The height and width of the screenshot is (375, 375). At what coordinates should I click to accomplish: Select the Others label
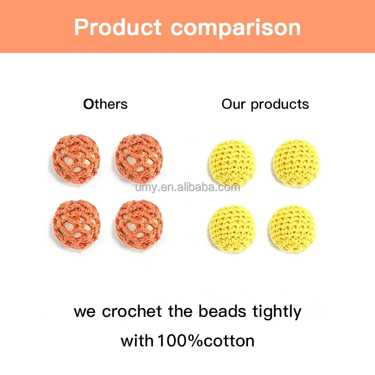click(x=105, y=104)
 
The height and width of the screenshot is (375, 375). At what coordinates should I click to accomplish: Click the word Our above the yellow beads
click(x=234, y=104)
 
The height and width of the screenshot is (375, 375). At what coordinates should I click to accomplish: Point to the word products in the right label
click(x=280, y=105)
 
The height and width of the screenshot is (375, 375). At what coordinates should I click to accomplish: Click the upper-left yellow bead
click(x=232, y=161)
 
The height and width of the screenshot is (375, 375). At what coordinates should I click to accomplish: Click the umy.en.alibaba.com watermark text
click(x=187, y=187)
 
